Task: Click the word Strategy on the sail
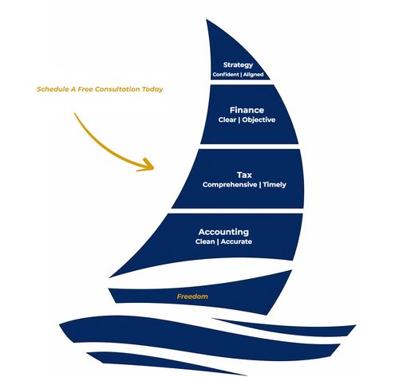click(238, 65)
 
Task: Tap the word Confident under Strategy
click(226, 74)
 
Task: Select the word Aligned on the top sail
click(253, 75)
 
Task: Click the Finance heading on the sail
click(247, 110)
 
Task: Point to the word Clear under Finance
click(227, 120)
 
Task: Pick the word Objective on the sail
click(259, 120)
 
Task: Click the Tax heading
click(244, 175)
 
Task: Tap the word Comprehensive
click(230, 185)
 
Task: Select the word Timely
click(275, 185)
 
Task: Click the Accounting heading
click(223, 232)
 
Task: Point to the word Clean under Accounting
click(205, 242)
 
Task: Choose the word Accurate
click(236, 242)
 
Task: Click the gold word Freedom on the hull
click(192, 296)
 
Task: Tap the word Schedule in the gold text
click(53, 89)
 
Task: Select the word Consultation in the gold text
click(117, 89)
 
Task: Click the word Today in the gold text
click(152, 89)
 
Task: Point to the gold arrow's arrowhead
click(148, 165)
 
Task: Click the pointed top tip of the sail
click(207, 19)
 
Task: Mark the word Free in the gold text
click(85, 89)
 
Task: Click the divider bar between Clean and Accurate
click(218, 242)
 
